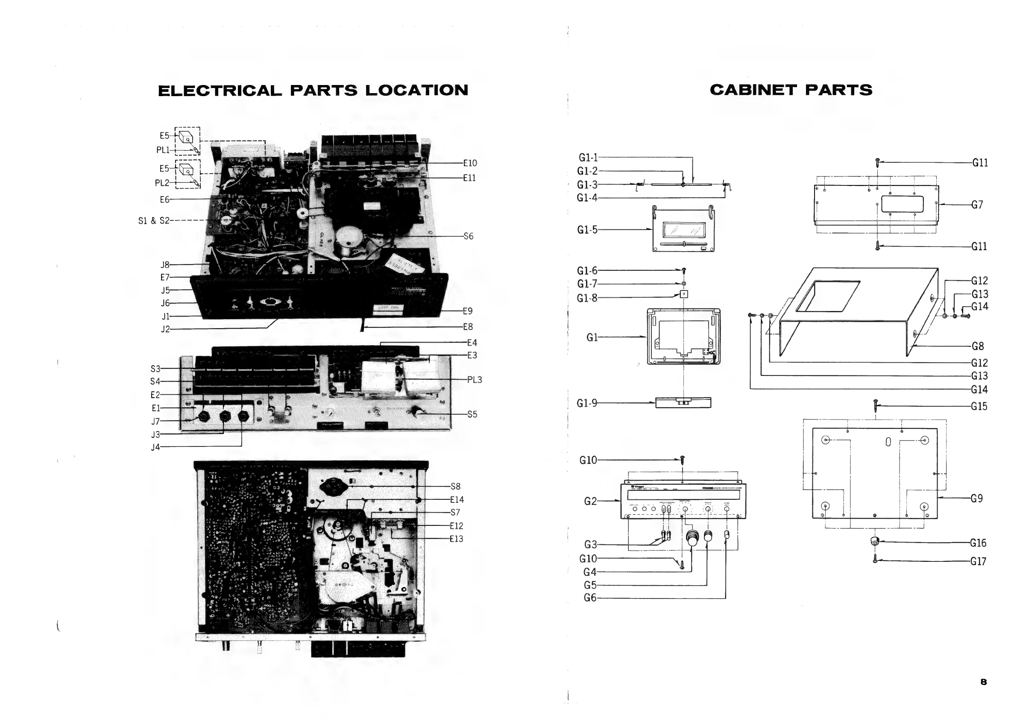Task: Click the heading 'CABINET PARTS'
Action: [791, 90]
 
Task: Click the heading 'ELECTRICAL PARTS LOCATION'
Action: [313, 91]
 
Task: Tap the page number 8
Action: [983, 682]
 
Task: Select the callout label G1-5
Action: [587, 229]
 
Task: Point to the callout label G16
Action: [978, 543]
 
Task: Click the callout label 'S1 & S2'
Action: [153, 220]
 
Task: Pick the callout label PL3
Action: [475, 380]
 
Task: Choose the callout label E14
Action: [457, 500]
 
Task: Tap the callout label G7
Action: [977, 205]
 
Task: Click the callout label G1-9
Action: [587, 403]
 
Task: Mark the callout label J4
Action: [155, 447]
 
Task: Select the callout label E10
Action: [470, 163]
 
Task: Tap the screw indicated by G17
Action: [875, 559]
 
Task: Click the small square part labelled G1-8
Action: [684, 294]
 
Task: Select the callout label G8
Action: [978, 346]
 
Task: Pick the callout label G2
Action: [590, 501]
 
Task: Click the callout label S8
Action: [455, 487]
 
